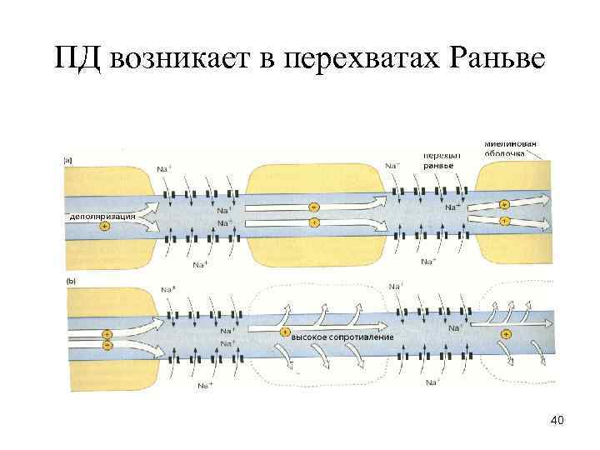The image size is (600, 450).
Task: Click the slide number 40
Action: tap(557, 421)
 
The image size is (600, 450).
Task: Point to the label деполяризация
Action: tap(102, 215)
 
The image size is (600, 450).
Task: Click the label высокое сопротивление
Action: tap(342, 336)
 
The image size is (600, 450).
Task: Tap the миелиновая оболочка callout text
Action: tap(509, 148)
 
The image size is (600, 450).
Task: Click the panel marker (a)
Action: tap(68, 161)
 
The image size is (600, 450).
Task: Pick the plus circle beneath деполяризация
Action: tap(104, 226)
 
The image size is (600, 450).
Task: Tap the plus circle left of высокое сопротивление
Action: tap(284, 335)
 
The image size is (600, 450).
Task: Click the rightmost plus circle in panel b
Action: tap(506, 333)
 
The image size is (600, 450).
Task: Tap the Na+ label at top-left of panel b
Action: tap(167, 289)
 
